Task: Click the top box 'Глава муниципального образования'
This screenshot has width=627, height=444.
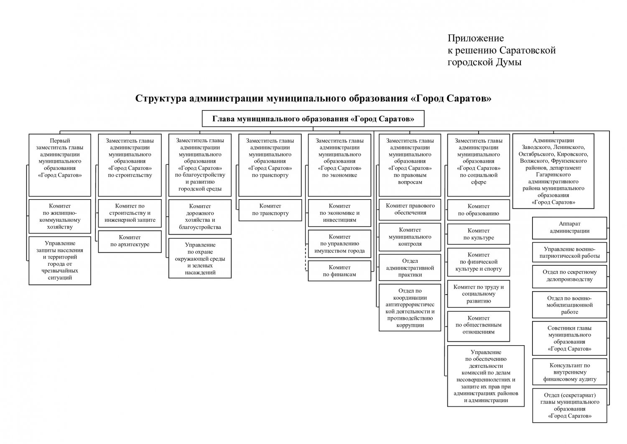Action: (x=313, y=119)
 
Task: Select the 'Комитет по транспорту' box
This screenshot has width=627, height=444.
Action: (x=270, y=210)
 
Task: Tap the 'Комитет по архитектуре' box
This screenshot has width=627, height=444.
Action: (x=130, y=241)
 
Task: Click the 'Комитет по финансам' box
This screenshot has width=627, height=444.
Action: (x=339, y=271)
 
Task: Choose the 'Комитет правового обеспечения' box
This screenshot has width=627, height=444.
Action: (x=410, y=209)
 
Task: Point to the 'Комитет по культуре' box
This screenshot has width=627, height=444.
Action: (x=479, y=234)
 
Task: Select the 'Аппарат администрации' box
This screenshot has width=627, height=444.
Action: (x=569, y=228)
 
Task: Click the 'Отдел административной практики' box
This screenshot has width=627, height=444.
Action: (x=410, y=268)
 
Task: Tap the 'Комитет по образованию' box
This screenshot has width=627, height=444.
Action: (x=479, y=210)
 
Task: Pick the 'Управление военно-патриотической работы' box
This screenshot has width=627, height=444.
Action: (x=569, y=252)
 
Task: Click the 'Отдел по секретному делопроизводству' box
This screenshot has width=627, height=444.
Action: (x=569, y=276)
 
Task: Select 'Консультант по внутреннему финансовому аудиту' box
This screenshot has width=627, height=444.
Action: (x=569, y=372)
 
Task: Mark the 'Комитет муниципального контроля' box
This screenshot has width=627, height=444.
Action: (x=410, y=237)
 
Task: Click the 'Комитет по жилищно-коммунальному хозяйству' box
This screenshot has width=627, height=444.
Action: (x=60, y=216)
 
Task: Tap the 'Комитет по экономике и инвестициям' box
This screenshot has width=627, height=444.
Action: (x=339, y=213)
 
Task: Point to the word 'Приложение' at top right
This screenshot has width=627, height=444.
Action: (x=476, y=39)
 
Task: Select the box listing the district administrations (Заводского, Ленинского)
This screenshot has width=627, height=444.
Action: (x=553, y=171)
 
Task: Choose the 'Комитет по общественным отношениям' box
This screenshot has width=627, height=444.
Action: (x=479, y=325)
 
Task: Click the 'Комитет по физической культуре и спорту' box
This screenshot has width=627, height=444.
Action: (x=479, y=262)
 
